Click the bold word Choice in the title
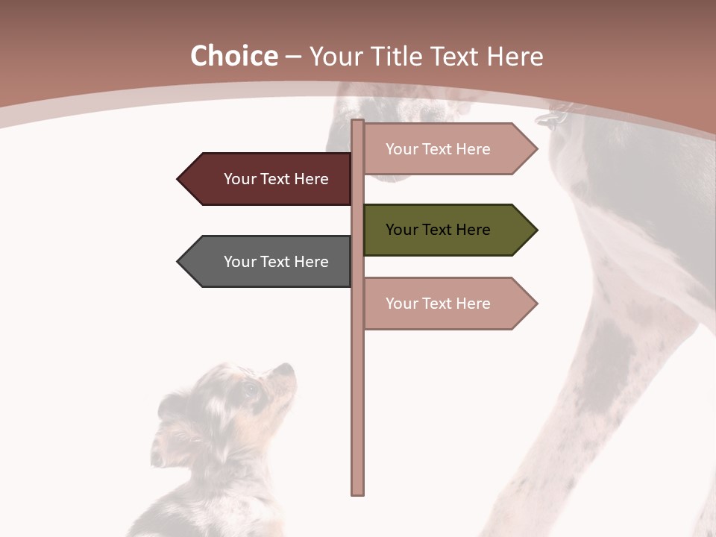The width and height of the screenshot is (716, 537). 233,57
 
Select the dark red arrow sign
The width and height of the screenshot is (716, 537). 268,179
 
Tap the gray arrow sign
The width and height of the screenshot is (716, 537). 268,262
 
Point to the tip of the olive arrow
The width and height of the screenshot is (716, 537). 536,230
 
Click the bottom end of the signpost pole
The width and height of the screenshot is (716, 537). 358,492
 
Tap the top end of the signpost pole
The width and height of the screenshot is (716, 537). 358,122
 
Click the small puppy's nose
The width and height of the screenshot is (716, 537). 289,367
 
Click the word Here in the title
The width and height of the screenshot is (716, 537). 515,57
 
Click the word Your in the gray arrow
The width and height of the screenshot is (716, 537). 239,262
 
